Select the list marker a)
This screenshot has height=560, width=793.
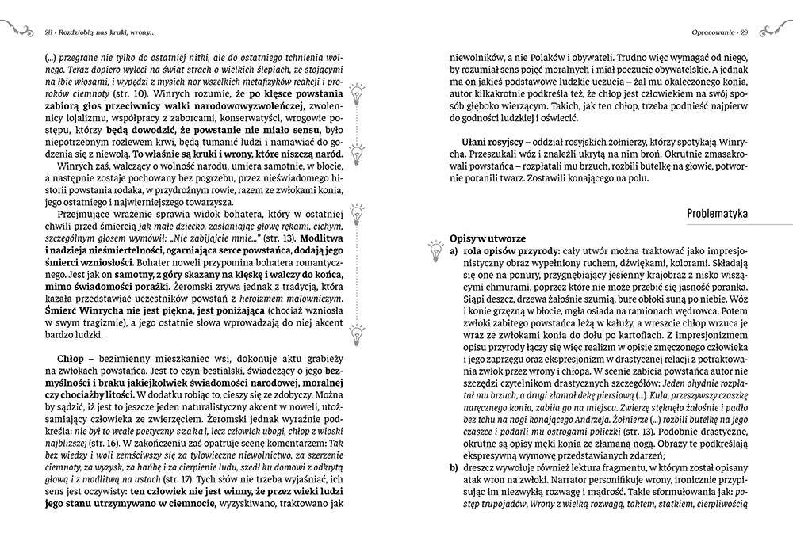click(454, 250)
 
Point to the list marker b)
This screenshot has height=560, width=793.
click(454, 468)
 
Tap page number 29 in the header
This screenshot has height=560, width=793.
click(745, 32)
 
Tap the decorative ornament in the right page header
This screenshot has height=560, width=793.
click(774, 31)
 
